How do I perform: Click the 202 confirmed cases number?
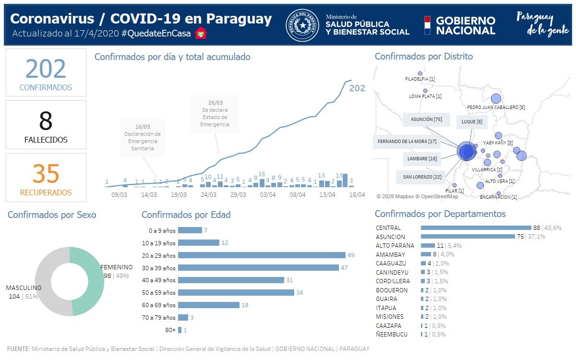[x=46, y=69]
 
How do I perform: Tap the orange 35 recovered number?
[x=46, y=174]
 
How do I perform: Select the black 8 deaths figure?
[x=46, y=121]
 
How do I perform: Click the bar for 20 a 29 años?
[x=262, y=255]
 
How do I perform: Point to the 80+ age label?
[x=169, y=330]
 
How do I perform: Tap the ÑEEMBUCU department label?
[x=392, y=334]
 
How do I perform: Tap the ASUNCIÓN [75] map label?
[x=426, y=119]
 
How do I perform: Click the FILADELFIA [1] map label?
[x=420, y=79]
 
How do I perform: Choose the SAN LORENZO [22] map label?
[x=422, y=177]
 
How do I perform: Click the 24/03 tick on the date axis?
[x=208, y=195]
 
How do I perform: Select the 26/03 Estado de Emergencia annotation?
[x=215, y=114]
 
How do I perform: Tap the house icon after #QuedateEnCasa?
[x=201, y=34]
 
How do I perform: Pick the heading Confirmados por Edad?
[x=186, y=215]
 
